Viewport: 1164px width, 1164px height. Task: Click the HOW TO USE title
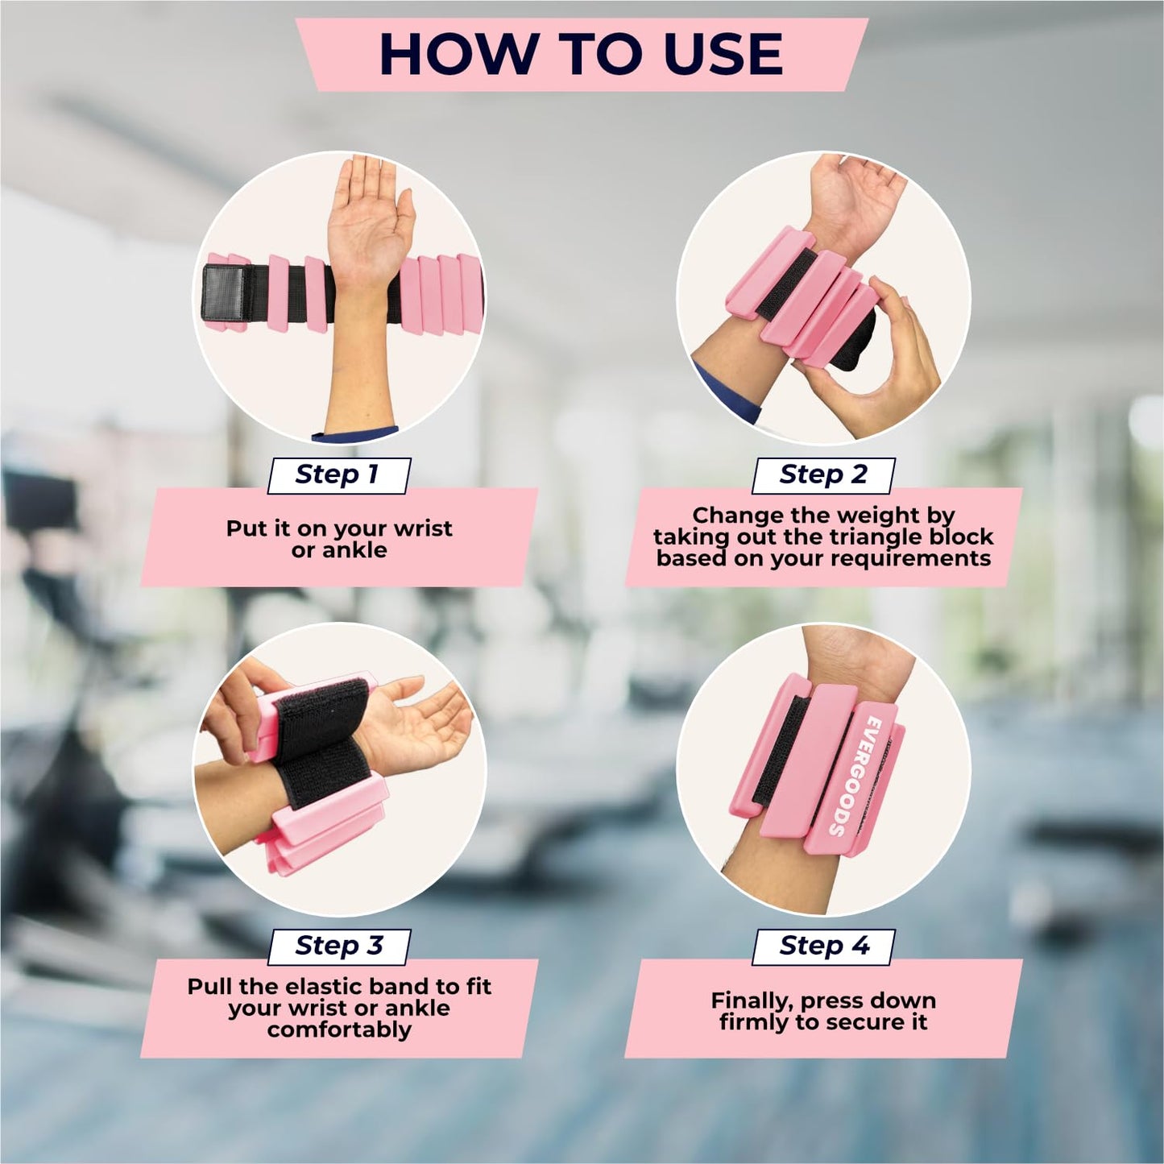tap(580, 54)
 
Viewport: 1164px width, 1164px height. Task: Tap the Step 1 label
tap(338, 474)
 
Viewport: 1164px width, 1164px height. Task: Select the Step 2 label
tap(822, 474)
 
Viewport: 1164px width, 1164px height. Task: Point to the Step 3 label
tap(338, 945)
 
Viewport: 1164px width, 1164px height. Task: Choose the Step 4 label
tap(823, 945)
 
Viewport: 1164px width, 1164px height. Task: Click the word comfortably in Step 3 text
tap(339, 1030)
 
